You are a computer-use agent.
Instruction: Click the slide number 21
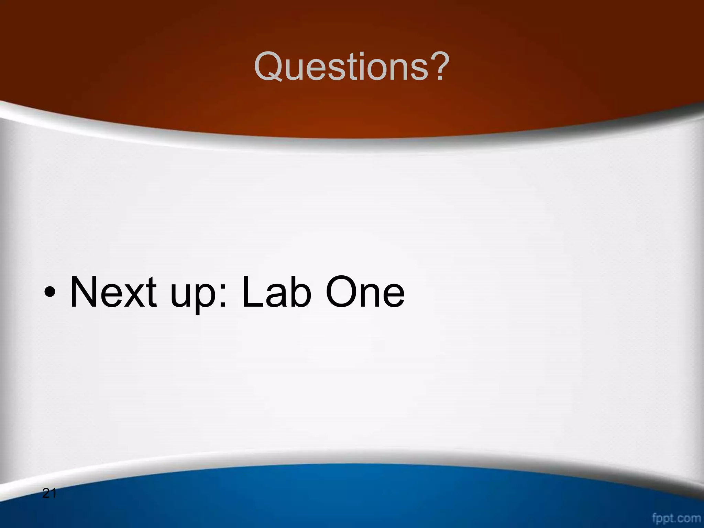(49, 494)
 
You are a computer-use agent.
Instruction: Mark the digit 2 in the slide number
(46, 494)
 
